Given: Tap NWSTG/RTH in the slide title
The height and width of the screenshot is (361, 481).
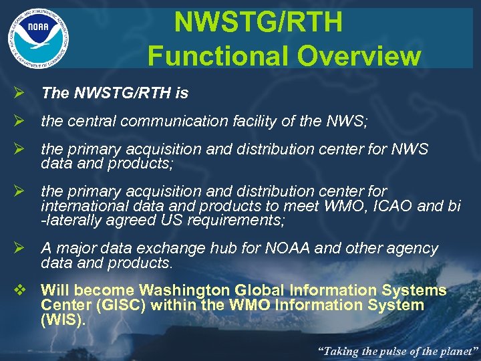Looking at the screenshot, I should coord(258,23).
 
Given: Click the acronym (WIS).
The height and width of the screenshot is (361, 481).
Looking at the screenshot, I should coord(62,320).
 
